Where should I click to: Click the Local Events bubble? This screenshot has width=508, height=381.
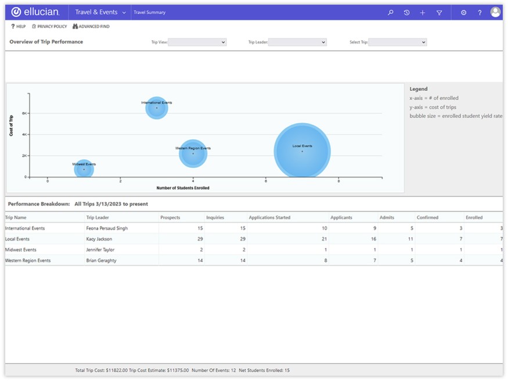302,151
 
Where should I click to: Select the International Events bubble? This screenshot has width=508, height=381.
156,108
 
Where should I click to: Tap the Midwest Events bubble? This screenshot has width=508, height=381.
84,169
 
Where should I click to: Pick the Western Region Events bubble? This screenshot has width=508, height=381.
193,153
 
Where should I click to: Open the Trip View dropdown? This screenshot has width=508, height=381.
197,42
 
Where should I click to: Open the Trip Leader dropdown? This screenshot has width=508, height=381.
297,42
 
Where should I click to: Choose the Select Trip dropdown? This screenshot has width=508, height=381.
398,42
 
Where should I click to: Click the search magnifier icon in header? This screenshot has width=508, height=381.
391,12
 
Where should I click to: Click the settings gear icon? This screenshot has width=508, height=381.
463,12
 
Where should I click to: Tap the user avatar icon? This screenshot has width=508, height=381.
495,12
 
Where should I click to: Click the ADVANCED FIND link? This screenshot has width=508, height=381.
91,27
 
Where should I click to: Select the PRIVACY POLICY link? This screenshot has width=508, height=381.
49,27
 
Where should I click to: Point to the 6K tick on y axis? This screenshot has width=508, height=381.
24,113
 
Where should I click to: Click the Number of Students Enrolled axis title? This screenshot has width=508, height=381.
183,188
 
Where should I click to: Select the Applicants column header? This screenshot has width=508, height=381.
341,218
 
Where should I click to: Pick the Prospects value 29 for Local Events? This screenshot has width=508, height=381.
199,239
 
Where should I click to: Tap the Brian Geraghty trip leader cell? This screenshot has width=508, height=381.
101,261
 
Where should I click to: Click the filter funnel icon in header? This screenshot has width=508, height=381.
439,12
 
